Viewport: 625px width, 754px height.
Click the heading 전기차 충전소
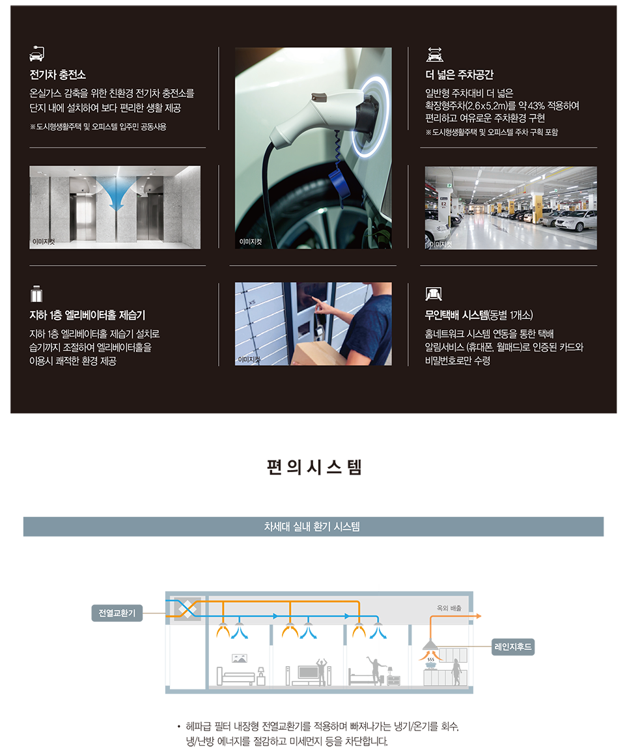tap(58, 74)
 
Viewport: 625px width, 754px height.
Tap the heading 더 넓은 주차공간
tap(459, 74)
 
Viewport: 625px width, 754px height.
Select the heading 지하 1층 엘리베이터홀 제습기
tap(87, 315)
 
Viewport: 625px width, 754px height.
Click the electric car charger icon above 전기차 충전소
tap(37, 54)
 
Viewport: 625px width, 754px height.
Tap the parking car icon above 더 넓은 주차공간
tap(435, 54)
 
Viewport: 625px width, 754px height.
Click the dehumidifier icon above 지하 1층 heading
tap(36, 293)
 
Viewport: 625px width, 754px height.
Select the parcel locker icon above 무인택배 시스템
tap(434, 293)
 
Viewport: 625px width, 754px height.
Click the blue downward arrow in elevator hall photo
tap(115, 192)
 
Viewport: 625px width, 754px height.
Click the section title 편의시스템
tap(314, 467)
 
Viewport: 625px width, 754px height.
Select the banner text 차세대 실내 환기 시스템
tap(312, 527)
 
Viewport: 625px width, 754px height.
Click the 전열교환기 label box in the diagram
tap(117, 613)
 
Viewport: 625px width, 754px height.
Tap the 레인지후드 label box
tap(513, 647)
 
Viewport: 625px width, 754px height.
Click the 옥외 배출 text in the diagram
tap(449, 608)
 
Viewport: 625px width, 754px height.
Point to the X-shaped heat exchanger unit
tap(187, 609)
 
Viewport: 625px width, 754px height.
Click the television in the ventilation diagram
tap(307, 672)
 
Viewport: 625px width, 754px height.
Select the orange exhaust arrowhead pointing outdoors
tap(479, 616)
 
